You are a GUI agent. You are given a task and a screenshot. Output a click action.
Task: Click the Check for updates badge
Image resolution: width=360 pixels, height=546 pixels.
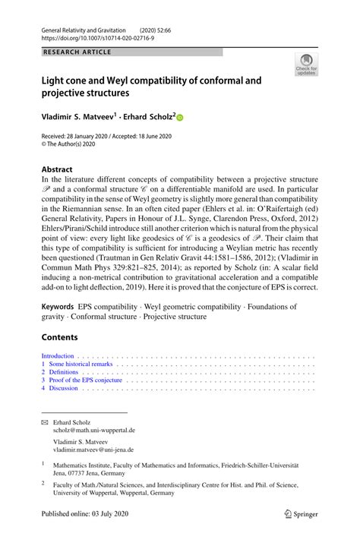305,67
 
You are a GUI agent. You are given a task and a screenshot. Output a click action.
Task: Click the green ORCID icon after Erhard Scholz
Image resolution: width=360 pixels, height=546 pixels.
181,118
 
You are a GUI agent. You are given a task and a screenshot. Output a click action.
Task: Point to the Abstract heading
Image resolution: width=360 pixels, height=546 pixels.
58,169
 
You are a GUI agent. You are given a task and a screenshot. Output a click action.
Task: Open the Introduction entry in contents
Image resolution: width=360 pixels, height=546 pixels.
58,356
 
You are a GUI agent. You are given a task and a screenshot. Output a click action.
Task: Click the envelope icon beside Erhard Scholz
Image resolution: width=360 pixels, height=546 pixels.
44,421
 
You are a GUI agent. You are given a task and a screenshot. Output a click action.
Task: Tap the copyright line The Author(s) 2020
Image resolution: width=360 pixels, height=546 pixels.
71,143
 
